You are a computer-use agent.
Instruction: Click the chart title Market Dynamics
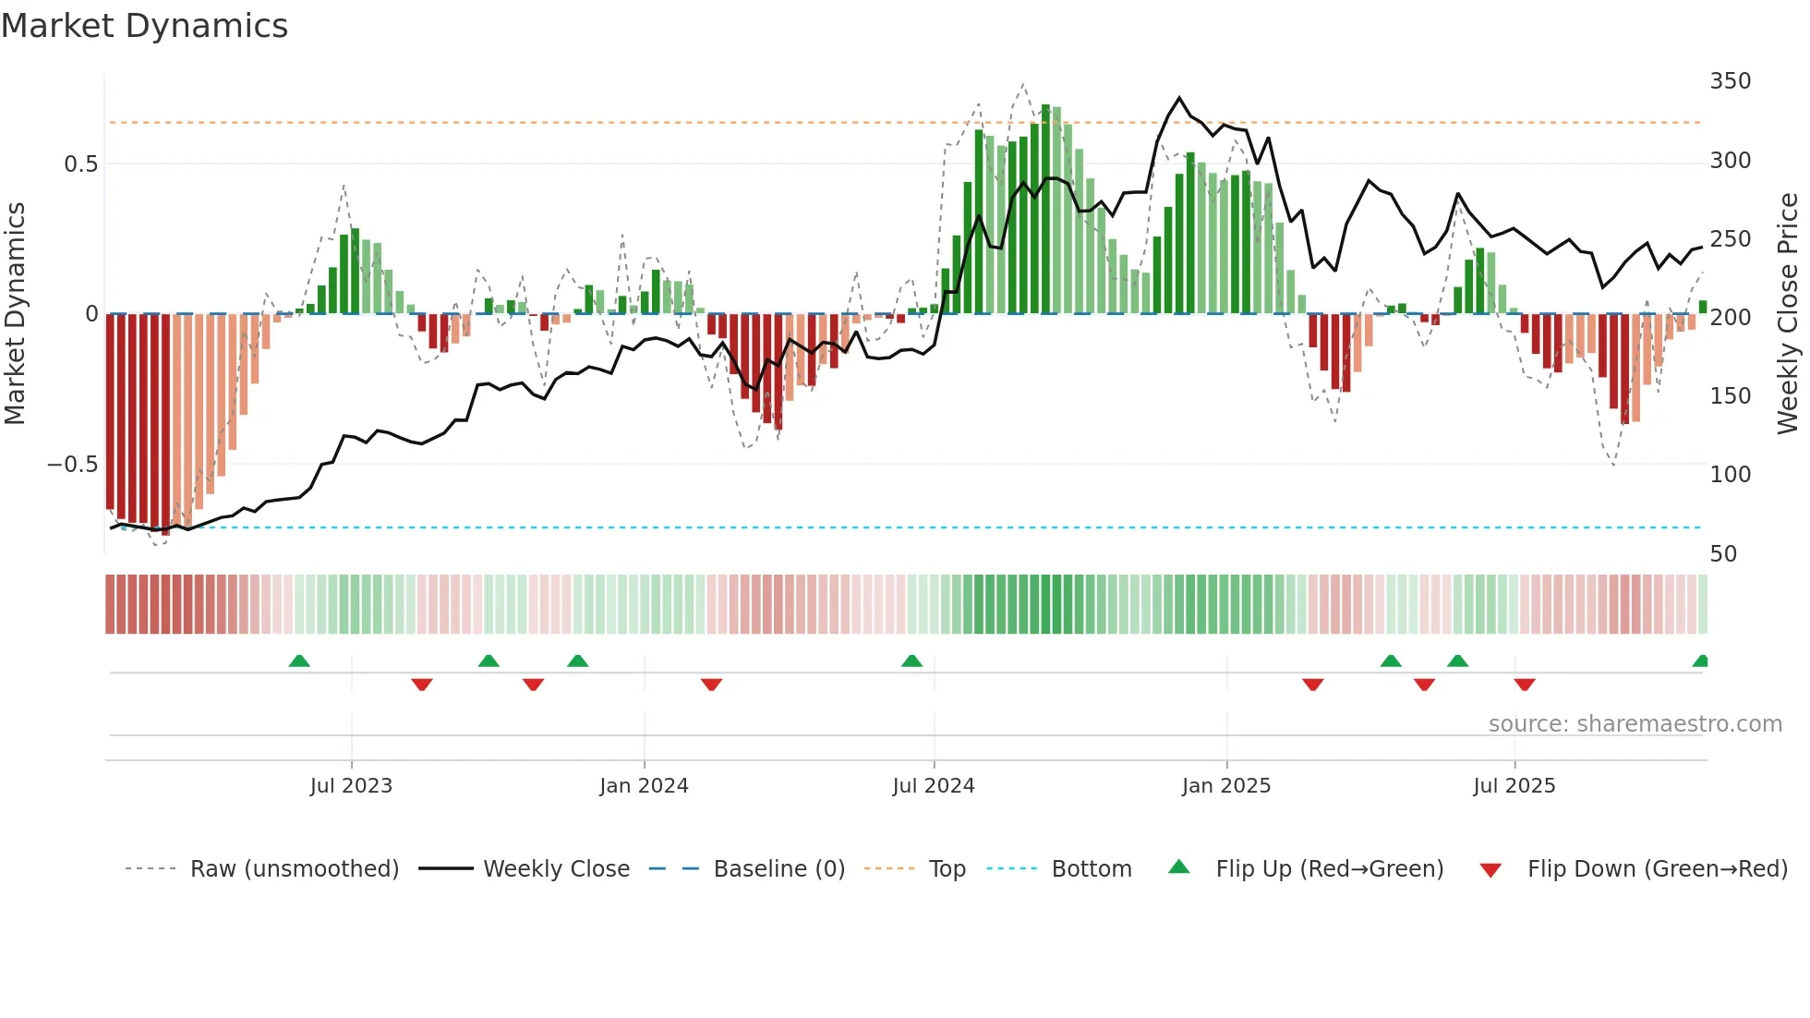pos(144,26)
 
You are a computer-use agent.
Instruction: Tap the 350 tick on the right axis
pos(1730,81)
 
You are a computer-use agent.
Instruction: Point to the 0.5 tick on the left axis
pos(80,164)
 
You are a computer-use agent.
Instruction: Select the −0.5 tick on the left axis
pos(73,465)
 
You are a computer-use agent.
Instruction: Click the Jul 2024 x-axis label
pos(933,786)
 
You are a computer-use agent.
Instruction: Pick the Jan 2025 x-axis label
pos(1225,786)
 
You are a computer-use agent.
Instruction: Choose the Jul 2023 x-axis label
pos(351,786)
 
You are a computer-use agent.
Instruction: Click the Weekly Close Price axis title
pos(1788,314)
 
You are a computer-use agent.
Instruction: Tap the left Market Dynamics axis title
pos(15,314)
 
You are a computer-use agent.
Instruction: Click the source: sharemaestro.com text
pos(1635,724)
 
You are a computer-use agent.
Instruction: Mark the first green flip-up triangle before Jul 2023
pos(299,661)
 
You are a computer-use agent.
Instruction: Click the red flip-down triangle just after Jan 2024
pos(711,684)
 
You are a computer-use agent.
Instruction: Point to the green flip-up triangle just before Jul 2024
pos(911,661)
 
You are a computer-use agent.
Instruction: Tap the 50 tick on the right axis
pos(1723,554)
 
